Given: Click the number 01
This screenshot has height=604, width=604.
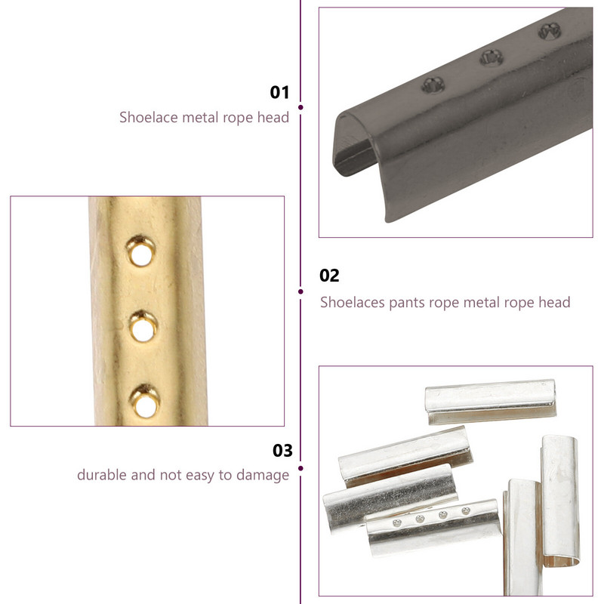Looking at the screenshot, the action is point(279,92).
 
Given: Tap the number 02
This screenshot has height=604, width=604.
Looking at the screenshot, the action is point(329,276).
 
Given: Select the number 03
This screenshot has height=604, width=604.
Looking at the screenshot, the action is point(282,450).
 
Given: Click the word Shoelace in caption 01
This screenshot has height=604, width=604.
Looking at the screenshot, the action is point(148,117).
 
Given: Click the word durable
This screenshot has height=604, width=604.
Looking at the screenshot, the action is point(102,475).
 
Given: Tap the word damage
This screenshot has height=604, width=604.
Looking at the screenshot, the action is point(263,476).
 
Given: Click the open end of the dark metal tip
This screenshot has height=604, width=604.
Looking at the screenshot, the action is point(353,145).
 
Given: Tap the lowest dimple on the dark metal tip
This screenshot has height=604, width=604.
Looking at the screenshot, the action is point(433,85).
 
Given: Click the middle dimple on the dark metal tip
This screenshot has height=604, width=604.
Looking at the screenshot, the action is point(492,58).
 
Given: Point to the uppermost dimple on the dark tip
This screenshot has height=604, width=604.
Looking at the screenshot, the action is point(550,31).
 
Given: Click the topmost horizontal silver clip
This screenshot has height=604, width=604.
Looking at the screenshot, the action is point(490,401).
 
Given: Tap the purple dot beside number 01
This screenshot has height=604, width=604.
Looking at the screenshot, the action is point(300,107).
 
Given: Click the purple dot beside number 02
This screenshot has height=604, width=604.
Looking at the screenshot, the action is point(300,291).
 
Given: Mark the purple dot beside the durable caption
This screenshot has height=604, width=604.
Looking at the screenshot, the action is point(300,468).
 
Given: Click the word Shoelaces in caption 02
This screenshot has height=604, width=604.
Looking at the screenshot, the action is point(353,303).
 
